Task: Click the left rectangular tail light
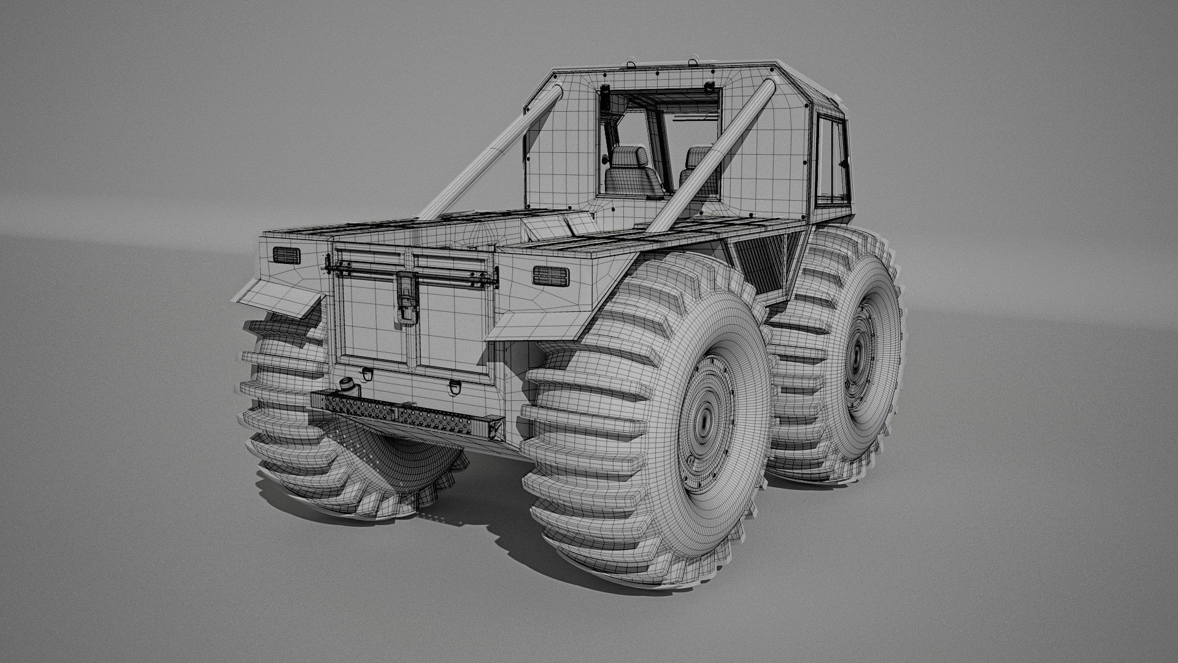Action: point(284,255)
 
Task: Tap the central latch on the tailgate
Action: point(406,297)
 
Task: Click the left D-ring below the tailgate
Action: point(366,373)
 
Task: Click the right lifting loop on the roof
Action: point(693,60)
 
